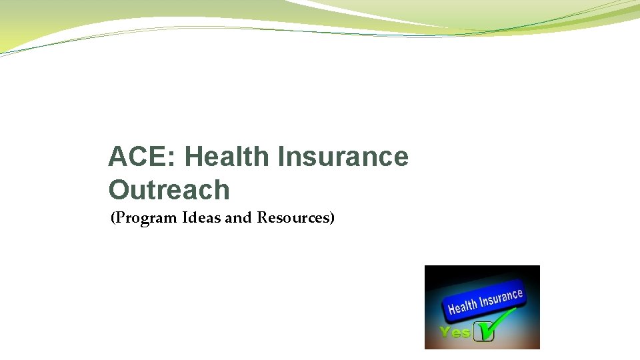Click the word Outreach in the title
point(169,190)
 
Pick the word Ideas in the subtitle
point(205,217)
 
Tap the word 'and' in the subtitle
point(239,217)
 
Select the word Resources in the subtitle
point(293,217)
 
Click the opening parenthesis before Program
point(113,218)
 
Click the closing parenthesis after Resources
point(331,218)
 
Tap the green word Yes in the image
point(455,332)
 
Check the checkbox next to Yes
point(483,333)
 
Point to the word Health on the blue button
point(463,306)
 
